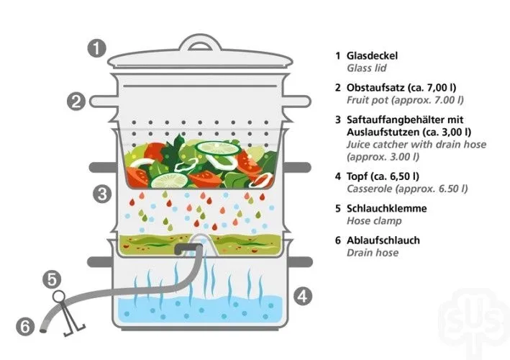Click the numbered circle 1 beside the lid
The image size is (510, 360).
tap(97, 48)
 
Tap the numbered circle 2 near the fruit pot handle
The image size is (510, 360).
tap(76, 102)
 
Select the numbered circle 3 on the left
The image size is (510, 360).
tap(102, 194)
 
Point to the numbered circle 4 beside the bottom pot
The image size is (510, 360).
tap(303, 296)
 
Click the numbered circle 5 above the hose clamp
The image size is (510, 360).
tap(52, 279)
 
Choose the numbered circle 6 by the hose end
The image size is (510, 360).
tap(25, 326)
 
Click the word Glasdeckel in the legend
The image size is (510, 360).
tap(372, 55)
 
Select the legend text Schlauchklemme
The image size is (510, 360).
tap(387, 208)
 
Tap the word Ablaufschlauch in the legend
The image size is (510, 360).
tap(383, 240)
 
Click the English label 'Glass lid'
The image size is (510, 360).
tap(367, 68)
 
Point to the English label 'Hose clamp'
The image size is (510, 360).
tap(374, 221)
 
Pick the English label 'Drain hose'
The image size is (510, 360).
tap(373, 253)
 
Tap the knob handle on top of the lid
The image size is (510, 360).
tap(199, 42)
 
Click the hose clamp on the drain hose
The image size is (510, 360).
tap(68, 313)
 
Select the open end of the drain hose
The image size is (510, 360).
tap(42, 330)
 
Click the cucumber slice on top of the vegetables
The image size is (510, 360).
tap(217, 148)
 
